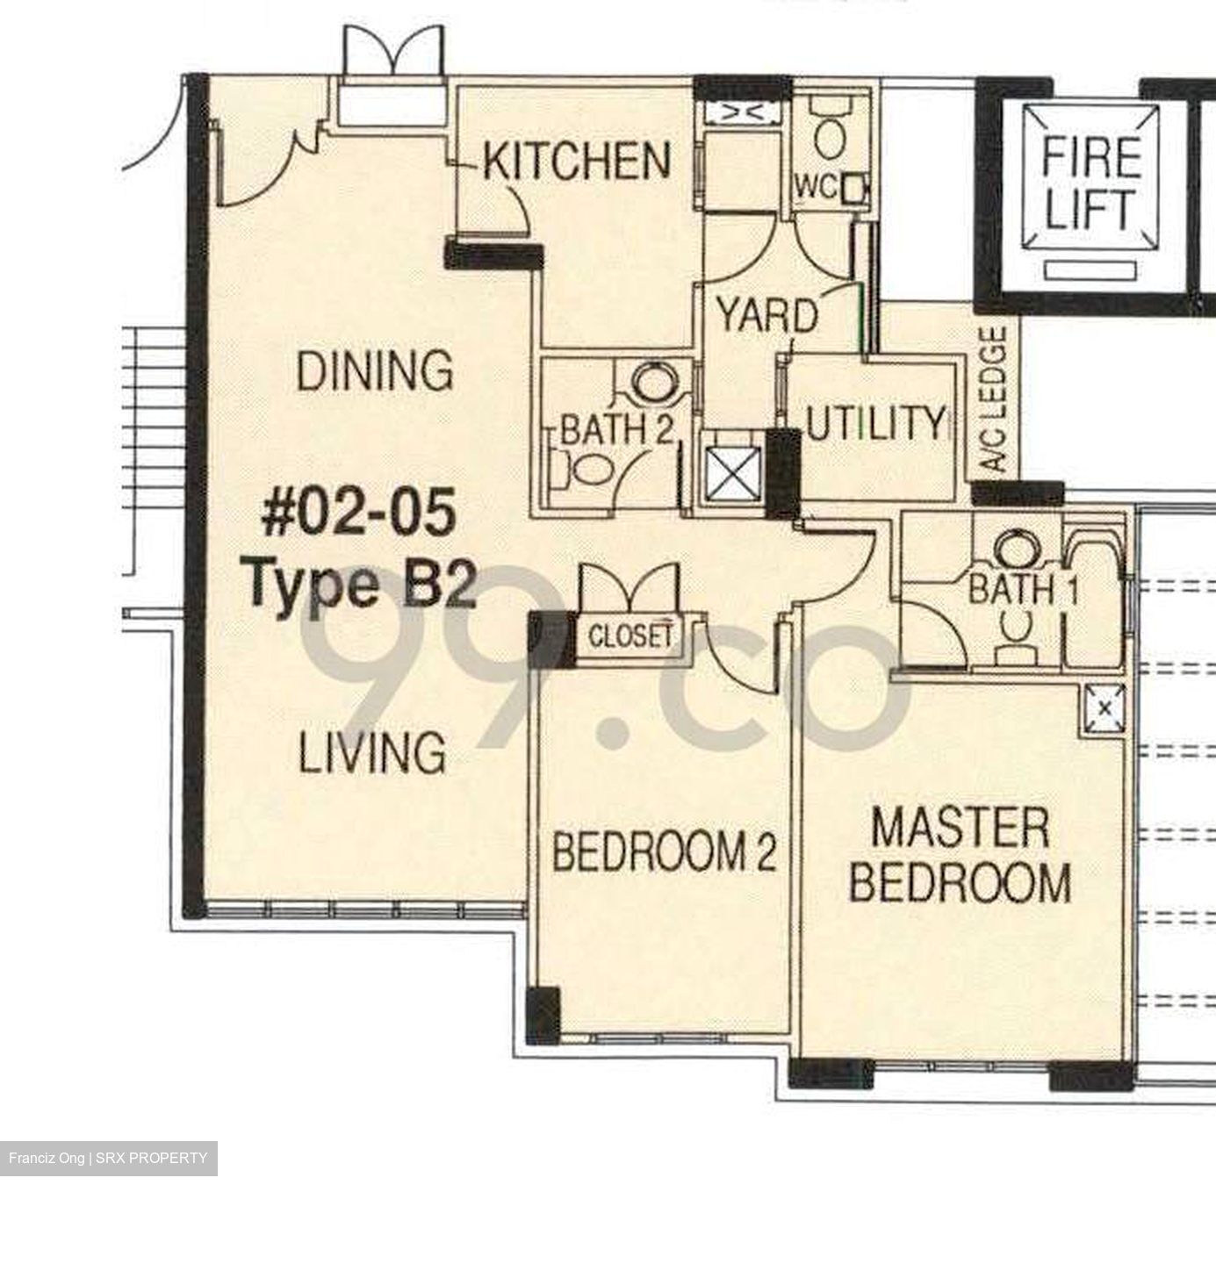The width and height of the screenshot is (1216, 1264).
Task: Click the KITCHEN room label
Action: tap(577, 161)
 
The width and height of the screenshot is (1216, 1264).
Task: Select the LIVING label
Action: tap(372, 753)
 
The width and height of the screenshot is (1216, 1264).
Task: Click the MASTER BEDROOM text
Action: tap(960, 856)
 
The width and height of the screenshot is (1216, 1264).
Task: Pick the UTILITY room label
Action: tap(875, 424)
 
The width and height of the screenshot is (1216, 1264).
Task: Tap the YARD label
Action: tap(766, 315)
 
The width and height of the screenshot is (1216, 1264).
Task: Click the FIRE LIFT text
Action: tap(1090, 183)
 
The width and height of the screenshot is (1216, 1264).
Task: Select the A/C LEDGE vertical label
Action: tap(996, 399)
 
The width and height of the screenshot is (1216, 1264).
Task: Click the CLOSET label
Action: tap(630, 636)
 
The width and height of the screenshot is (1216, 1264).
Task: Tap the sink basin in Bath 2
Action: tap(651, 384)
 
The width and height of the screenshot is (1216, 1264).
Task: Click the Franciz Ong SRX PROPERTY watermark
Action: tap(108, 1158)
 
